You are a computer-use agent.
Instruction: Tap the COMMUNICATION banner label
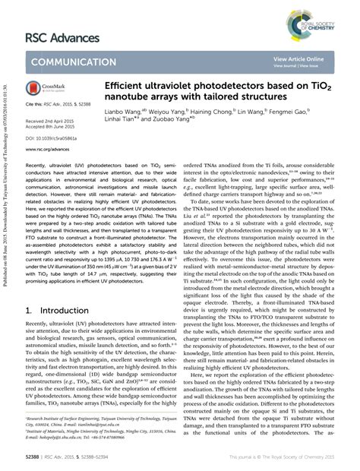tap(71, 62)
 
